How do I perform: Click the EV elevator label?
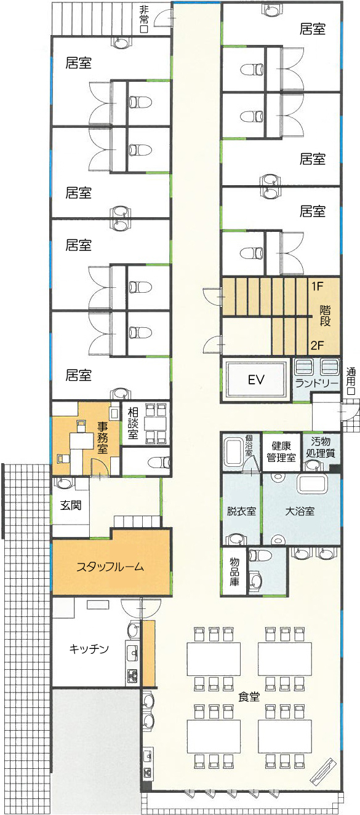256,380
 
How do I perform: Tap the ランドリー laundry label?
317,383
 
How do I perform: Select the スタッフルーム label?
110,567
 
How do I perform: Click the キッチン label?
89,648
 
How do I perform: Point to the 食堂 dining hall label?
249,696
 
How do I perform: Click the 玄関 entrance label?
71,505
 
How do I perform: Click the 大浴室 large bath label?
300,511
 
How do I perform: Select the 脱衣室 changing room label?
241,511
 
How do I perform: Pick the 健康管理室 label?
281,451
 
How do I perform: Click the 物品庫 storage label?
234,571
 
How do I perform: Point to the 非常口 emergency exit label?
144,20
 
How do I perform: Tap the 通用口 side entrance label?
351,382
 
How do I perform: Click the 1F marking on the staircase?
318,287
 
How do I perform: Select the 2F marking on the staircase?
317,345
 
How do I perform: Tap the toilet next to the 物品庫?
260,555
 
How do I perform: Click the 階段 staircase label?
325,316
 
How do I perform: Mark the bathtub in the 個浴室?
233,452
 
